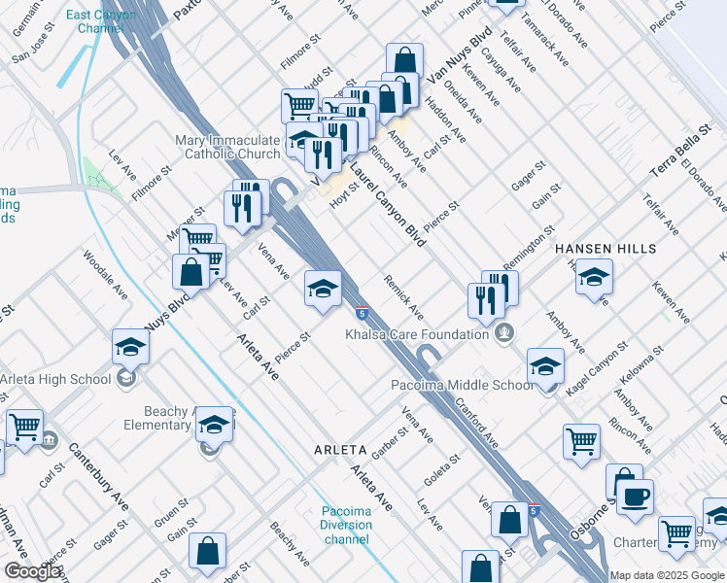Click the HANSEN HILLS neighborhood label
606,250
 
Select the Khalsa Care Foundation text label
417,334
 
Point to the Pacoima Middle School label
462,385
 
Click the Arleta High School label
56,379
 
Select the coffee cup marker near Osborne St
636,496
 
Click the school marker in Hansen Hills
594,277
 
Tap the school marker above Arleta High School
130,347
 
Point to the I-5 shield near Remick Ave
361,313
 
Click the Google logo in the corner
32,571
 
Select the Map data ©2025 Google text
667,575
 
